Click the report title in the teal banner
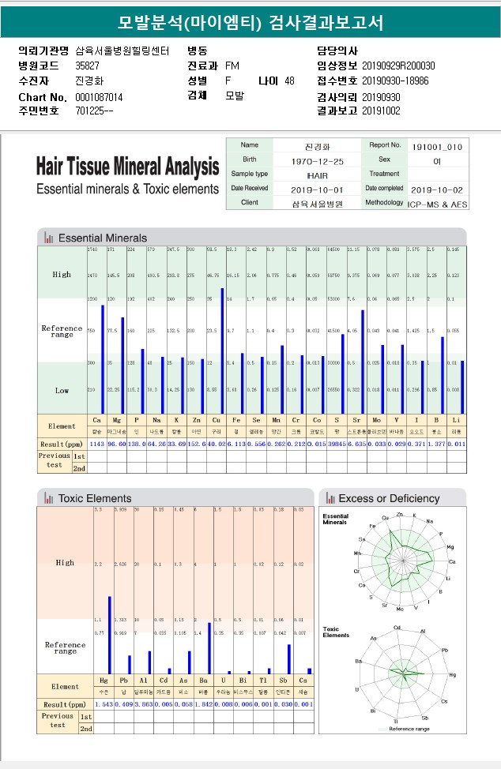250,23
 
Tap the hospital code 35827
87,66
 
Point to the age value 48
289,81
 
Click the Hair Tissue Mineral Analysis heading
127,167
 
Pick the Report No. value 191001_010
437,147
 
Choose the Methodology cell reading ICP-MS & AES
437,203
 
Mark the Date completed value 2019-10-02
437,189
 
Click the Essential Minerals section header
103,238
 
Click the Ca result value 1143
97,445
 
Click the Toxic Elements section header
95,498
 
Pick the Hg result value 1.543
104,703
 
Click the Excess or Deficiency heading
389,498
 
